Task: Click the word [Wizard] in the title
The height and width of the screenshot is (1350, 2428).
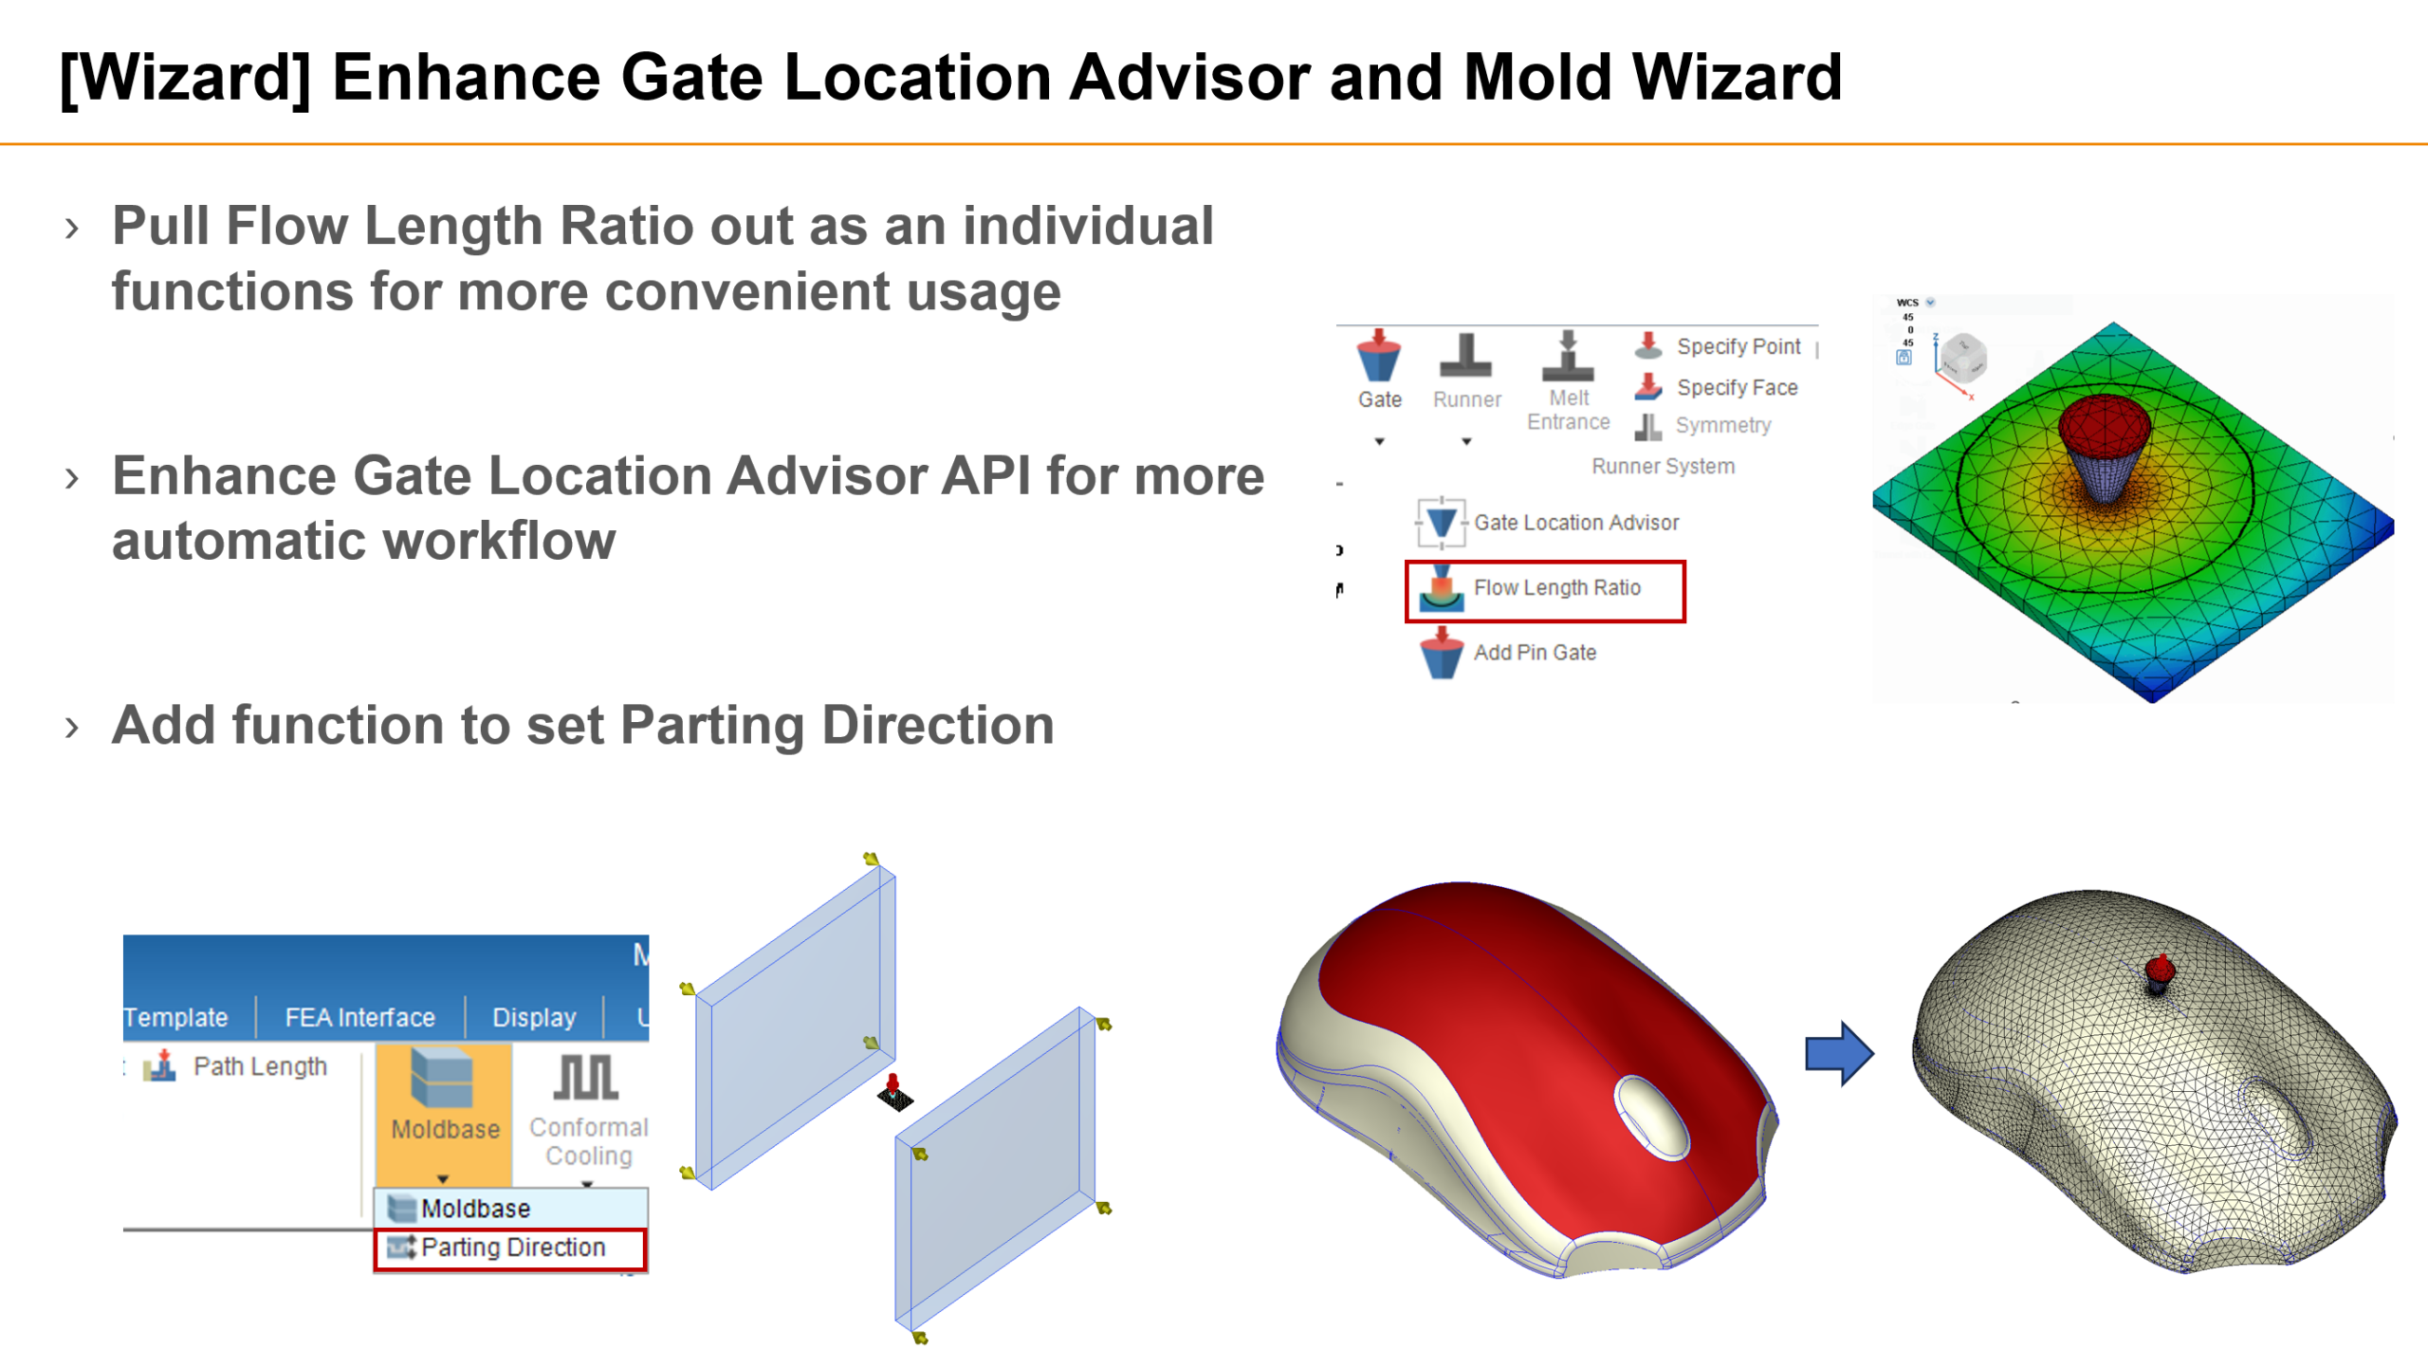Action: [x=185, y=78]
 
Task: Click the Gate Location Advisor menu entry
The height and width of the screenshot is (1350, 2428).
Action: [x=1575, y=523]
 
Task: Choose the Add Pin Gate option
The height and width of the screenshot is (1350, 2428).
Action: [x=1534, y=653]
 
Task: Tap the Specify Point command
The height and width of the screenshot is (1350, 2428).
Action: [x=1737, y=346]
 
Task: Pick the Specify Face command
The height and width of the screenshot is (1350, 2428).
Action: [x=1736, y=387]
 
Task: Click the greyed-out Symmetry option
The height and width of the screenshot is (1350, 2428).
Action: [x=1721, y=425]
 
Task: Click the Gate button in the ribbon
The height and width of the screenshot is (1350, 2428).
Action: [x=1379, y=370]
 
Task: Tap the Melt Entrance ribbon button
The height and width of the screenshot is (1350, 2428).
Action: [x=1568, y=379]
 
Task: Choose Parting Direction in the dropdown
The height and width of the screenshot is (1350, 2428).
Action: [x=512, y=1248]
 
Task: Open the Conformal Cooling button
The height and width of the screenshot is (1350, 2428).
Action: [x=588, y=1110]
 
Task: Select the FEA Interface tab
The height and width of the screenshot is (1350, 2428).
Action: [x=359, y=1018]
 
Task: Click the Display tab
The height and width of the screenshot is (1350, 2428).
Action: [x=534, y=1018]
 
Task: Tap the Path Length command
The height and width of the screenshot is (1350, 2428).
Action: [x=259, y=1066]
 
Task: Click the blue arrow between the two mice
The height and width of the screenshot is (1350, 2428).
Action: [x=1838, y=1053]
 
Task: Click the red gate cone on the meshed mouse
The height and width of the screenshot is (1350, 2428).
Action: [x=2160, y=970]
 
